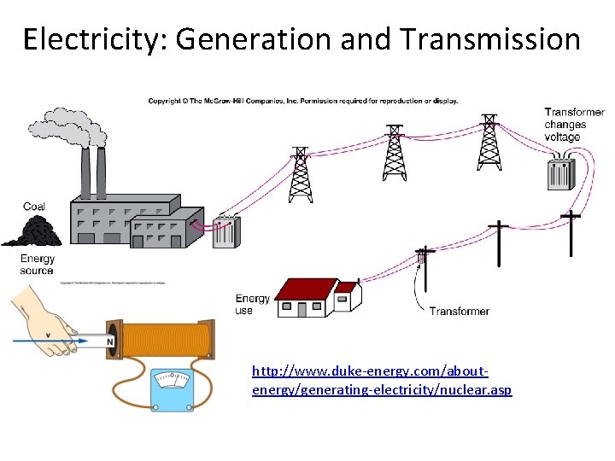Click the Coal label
click(x=34, y=207)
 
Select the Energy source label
click(x=37, y=265)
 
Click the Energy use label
click(x=252, y=305)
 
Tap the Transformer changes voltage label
click(x=574, y=125)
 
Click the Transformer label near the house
click(x=460, y=312)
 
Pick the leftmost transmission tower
click(x=300, y=174)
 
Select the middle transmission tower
click(x=394, y=154)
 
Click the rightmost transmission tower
click(x=489, y=142)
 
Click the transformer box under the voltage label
click(x=561, y=172)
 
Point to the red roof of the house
click(x=308, y=289)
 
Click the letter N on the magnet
click(x=110, y=342)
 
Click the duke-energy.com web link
click(x=382, y=381)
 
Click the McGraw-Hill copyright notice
click(x=303, y=101)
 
